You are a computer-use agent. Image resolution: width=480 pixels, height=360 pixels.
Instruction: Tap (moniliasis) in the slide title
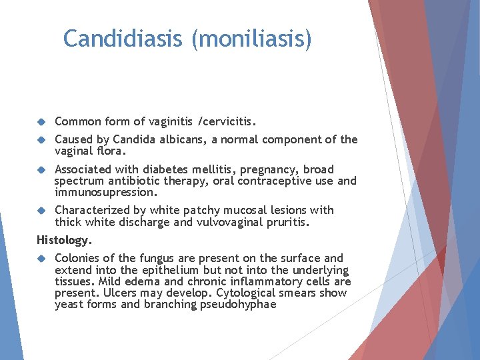pos(251,39)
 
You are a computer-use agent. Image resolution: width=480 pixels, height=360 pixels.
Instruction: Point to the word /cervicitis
pos(227,121)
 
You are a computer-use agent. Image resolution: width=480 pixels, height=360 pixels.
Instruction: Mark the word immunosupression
pos(105,192)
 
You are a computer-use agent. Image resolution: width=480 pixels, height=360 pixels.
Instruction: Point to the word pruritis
pos(285,221)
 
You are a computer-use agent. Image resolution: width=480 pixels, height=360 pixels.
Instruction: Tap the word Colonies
pos(77,258)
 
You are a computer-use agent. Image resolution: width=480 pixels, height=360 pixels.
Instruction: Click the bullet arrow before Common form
pos(41,121)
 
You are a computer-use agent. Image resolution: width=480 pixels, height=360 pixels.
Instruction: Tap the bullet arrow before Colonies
pos(41,258)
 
